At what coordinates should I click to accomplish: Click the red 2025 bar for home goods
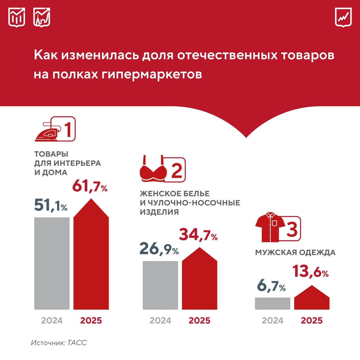pos(91,259)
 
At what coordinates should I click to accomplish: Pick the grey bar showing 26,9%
pos(160,285)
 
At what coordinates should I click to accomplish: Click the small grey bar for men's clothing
pos(273,303)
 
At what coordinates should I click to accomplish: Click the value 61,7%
pos(90,186)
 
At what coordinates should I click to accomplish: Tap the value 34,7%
pos(198,235)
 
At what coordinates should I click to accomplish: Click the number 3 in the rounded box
pos(292,229)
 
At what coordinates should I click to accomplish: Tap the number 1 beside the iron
pos(68,129)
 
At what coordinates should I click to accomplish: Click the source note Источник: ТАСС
pos(59,343)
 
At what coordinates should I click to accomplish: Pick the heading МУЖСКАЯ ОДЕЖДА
pos(295,252)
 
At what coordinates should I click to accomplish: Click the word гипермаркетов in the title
pos(152,75)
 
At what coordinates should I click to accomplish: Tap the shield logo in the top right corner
pos(343,17)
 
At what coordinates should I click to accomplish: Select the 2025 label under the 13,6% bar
pos(312,320)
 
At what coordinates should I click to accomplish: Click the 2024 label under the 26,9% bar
pos(160,320)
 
